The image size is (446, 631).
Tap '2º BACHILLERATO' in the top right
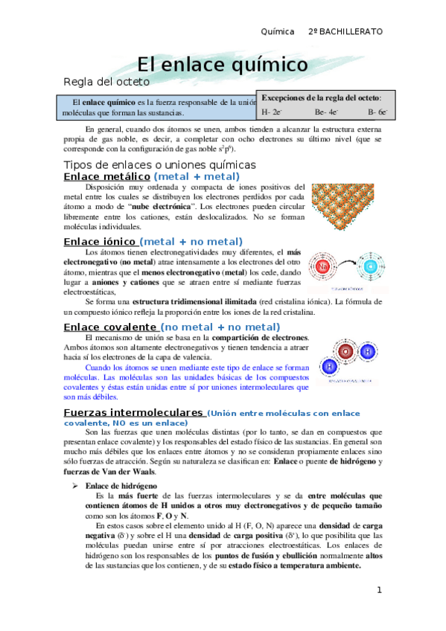(x=345, y=32)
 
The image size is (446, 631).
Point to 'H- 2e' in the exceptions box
(x=272, y=113)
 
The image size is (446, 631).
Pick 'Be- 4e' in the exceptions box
(x=326, y=113)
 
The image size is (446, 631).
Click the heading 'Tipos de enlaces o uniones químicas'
(x=160, y=164)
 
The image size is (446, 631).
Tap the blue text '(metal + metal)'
(x=197, y=176)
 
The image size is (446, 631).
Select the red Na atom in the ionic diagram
(x=324, y=267)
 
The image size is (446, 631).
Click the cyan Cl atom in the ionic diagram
(x=370, y=266)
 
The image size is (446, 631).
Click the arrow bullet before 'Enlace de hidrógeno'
(x=74, y=485)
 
